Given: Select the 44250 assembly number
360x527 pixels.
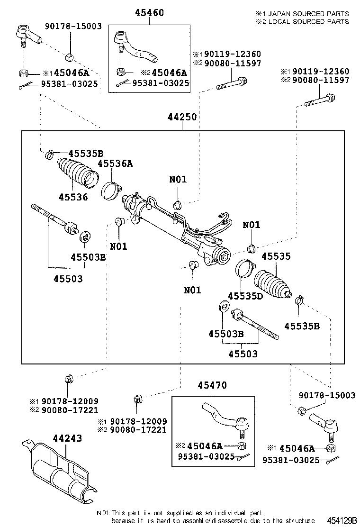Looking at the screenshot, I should [x=182, y=118].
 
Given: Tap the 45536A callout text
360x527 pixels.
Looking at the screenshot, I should [x=115, y=164].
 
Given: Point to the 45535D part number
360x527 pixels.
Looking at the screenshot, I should [x=245, y=296].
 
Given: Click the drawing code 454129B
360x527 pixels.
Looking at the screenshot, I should [x=340, y=519].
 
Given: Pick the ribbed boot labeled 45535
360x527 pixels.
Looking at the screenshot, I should [x=272, y=284].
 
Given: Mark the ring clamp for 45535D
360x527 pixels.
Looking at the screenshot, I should [x=245, y=270].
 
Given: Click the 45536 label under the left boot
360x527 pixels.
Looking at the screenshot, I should [x=73, y=197].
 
